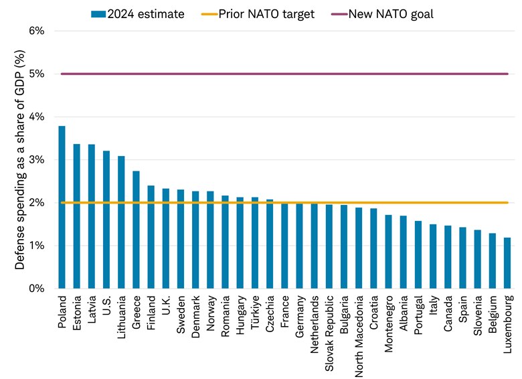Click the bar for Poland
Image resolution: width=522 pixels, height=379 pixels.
pyautogui.click(x=62, y=208)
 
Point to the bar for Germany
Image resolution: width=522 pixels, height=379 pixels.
pyautogui.click(x=300, y=246)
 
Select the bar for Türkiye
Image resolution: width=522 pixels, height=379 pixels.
pyautogui.click(x=255, y=243)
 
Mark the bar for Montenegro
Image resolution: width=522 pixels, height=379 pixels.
pyautogui.click(x=389, y=252)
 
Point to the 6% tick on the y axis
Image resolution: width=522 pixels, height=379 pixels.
pyautogui.click(x=35, y=31)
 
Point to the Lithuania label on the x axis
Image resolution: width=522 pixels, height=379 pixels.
pyautogui.click(x=121, y=314)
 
